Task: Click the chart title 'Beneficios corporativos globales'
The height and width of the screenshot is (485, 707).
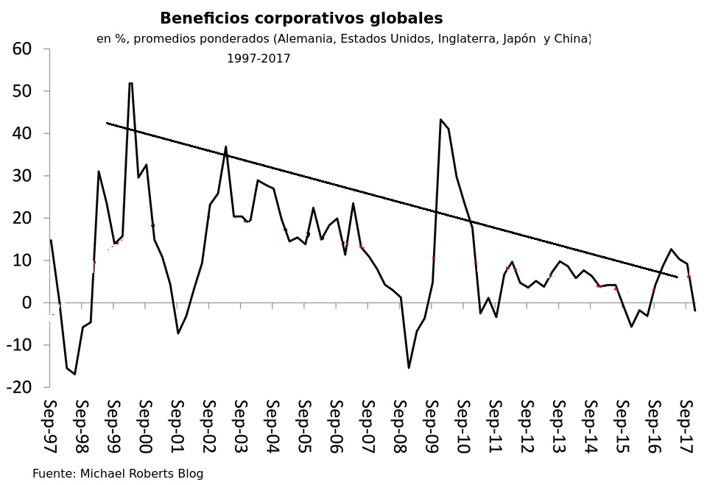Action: (x=301, y=18)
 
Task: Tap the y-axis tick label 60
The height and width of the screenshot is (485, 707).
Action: (x=22, y=49)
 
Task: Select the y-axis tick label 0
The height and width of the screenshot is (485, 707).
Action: (x=27, y=303)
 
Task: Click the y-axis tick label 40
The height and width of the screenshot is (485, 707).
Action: (x=22, y=134)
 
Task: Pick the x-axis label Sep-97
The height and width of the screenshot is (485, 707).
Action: (x=50, y=426)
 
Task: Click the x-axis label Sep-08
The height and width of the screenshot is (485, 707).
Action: (x=400, y=426)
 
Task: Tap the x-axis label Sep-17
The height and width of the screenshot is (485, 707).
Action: (x=686, y=426)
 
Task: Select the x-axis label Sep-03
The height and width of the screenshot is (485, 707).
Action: (x=241, y=426)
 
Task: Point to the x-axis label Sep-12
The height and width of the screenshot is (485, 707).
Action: (x=527, y=426)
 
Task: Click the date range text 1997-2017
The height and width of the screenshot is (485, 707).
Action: (x=258, y=59)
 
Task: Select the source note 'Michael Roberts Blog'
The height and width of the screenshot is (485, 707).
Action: (x=141, y=474)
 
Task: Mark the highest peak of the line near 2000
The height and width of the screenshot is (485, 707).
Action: (x=130, y=82)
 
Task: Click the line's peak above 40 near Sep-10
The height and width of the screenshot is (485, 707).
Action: (x=440, y=119)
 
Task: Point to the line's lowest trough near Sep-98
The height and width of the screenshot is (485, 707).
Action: (x=75, y=374)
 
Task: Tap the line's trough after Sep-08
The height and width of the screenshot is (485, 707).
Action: (x=409, y=367)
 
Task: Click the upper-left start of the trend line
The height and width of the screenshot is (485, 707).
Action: (x=108, y=123)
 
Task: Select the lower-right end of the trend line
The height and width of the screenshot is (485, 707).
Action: (x=676, y=277)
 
